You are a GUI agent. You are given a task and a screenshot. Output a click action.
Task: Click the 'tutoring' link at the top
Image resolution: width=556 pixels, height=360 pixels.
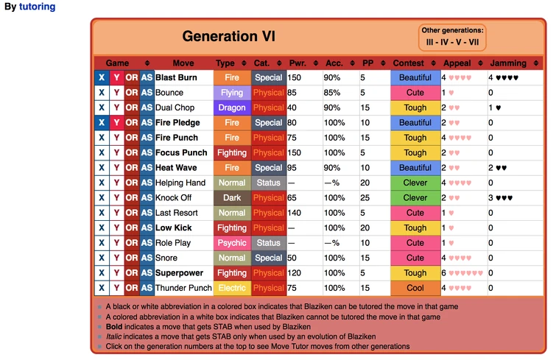[37, 7]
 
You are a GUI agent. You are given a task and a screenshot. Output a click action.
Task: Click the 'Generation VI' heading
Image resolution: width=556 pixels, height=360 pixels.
[229, 36]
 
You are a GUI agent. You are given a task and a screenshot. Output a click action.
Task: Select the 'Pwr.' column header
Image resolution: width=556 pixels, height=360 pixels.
[298, 63]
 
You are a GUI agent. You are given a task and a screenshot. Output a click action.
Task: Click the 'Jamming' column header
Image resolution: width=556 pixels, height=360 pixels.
[508, 63]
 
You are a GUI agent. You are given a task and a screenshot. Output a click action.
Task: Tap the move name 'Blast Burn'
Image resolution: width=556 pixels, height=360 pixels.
[177, 77]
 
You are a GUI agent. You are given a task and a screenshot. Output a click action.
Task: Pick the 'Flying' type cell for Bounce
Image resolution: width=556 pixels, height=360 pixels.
[232, 93]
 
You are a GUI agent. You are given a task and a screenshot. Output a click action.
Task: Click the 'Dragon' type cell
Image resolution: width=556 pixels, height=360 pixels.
[232, 107]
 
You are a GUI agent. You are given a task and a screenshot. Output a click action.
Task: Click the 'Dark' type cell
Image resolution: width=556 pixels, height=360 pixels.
[232, 198]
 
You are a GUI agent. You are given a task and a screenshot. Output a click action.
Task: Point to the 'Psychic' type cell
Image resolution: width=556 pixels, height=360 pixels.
[232, 243]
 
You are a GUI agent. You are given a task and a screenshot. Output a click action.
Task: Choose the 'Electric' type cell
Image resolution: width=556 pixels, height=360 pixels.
[232, 288]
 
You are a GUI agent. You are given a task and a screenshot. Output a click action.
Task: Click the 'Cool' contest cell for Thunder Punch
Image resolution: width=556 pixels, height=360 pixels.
[415, 288]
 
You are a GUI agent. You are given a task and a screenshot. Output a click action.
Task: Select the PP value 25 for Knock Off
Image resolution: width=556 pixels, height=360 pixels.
[366, 198]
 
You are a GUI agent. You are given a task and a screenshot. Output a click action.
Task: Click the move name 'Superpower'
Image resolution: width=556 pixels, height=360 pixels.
[179, 273]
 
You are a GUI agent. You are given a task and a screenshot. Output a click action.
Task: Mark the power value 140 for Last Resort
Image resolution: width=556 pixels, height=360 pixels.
[295, 213]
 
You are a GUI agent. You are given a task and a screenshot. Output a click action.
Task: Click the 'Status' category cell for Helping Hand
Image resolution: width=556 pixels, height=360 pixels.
[269, 183]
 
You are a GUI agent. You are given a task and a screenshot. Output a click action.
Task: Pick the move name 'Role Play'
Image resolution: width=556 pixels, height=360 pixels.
[173, 243]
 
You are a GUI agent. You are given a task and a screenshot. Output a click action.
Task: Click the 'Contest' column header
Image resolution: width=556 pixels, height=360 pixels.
[409, 63]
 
